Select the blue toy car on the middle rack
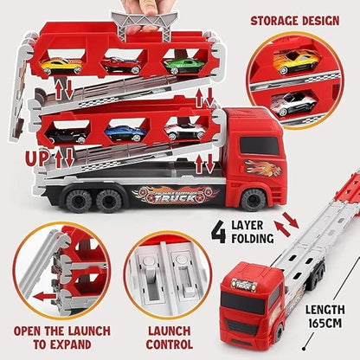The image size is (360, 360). pyautogui.click(x=124, y=132)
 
